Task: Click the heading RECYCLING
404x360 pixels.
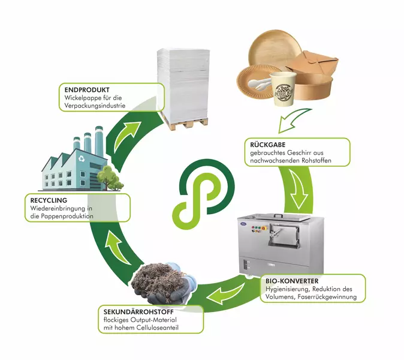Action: click(x=45, y=199)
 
